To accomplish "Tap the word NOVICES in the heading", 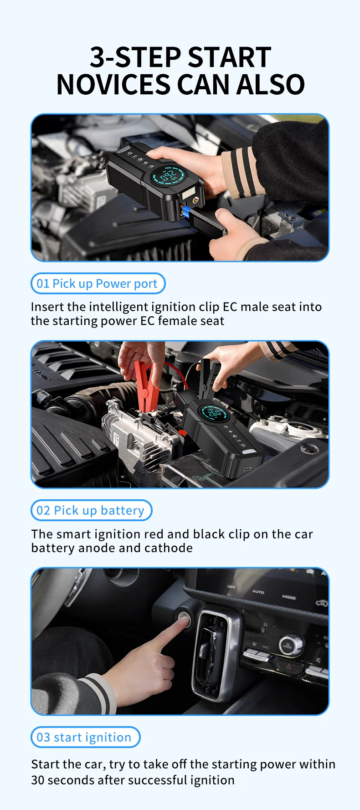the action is click(x=113, y=85).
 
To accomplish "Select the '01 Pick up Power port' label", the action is click(x=98, y=283).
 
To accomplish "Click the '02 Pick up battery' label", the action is click(x=91, y=510).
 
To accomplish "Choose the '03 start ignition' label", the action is click(x=85, y=737).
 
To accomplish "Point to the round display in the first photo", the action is click(x=169, y=177).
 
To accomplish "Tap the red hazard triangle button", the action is click(x=289, y=667).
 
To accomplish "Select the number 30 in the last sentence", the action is click(x=38, y=780).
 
